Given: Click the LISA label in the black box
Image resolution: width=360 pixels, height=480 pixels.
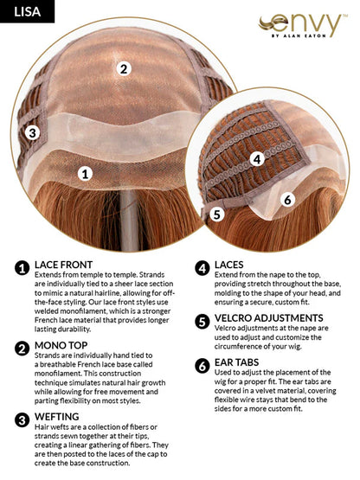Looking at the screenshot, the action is coord(28,11).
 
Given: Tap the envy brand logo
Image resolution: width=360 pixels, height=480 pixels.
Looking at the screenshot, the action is coord(303,25).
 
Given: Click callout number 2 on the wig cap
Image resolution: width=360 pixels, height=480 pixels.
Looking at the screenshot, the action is coord(124,68).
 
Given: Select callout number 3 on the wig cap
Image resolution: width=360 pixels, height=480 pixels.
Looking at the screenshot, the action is coord(33,133).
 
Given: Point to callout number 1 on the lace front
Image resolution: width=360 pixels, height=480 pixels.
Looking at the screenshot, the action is coord(85,174).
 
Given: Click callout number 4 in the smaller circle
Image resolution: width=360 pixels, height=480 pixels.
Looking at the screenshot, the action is coord(257,159).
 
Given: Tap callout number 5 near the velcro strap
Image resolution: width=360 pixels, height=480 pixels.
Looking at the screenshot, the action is coord(217,214).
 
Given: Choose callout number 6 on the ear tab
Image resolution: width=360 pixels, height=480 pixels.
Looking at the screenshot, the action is coord(287,200).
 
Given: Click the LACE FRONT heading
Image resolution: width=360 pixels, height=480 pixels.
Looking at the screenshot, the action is coord(63,265).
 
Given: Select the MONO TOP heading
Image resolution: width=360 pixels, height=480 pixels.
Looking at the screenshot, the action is coord(61,345).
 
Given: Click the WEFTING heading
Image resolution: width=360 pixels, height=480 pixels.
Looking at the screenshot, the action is coord(56,417).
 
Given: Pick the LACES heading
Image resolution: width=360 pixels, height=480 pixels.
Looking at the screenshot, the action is coord(228,265).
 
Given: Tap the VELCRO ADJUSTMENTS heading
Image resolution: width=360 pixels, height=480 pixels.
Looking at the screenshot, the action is coord(268,318).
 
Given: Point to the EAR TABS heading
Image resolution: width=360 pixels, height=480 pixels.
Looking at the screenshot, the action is coord(236,362).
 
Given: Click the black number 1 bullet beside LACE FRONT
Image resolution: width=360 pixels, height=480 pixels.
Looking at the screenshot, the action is coord(22,267).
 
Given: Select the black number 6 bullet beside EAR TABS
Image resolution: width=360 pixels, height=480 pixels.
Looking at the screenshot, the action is coord(202,366).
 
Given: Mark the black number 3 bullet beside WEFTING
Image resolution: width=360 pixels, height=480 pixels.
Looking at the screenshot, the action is coord(22,419).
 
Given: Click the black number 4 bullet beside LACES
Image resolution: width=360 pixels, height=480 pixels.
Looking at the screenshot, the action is coord(202,268).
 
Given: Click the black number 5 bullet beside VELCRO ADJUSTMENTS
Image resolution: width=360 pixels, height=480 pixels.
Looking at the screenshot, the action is coord(202,321).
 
